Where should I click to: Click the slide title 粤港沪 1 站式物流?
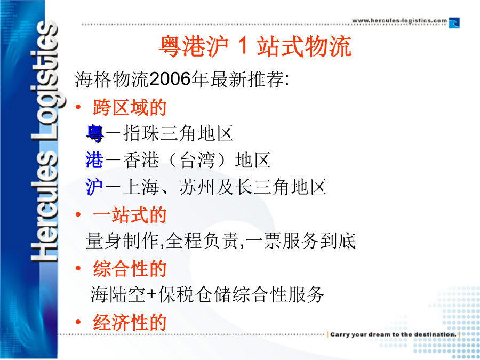(255, 46)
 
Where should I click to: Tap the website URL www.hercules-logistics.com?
(399, 21)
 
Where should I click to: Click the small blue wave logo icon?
(454, 23)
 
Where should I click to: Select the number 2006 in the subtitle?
(171, 79)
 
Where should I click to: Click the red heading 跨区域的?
(130, 107)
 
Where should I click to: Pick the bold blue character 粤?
(95, 133)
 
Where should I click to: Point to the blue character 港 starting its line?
(94, 160)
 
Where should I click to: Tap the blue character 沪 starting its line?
(94, 187)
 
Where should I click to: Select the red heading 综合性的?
(130, 268)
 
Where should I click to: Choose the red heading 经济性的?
(130, 322)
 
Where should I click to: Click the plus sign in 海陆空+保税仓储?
(151, 294)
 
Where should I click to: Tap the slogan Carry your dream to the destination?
(394, 334)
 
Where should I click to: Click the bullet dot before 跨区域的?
(78, 107)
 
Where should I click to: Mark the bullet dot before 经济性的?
(78, 322)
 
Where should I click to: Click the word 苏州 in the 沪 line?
(197, 187)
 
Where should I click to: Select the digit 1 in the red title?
(243, 46)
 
